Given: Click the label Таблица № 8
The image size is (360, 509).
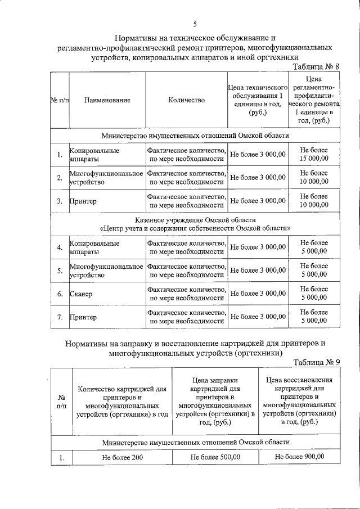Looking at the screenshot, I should pos(317,66).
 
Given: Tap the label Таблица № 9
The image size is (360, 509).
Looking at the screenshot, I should pos(317,362).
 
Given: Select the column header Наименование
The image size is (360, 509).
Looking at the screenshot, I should pos(107,100).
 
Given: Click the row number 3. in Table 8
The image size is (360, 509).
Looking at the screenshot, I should pos(60,201).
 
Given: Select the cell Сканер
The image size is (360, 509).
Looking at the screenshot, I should pos(81,294).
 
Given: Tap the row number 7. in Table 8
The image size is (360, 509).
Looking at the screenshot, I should pos(60,317).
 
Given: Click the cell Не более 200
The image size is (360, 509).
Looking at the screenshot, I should pos(123,457).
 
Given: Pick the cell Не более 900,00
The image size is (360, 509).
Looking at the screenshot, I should pos(299,456).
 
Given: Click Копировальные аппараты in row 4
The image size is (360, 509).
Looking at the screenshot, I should pos(94,247).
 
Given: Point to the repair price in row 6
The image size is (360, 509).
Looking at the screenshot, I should pos(314,293).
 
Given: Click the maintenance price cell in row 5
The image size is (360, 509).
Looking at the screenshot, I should pos(258,271).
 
